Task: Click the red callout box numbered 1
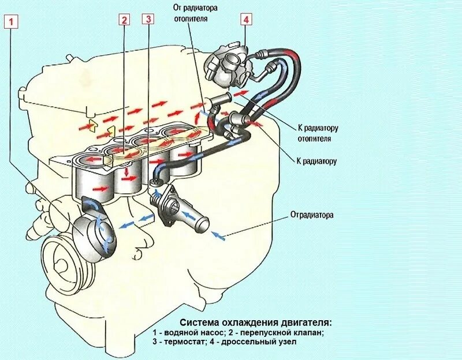click(x=12, y=22)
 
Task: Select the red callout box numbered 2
click(x=124, y=20)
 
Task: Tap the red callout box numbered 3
click(x=148, y=20)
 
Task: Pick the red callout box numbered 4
click(x=246, y=19)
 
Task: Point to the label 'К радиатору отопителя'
click(x=317, y=133)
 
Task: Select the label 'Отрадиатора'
click(x=312, y=215)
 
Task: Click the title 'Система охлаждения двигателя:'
click(x=256, y=322)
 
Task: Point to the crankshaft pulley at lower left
click(x=65, y=263)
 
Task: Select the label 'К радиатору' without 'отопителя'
click(x=316, y=162)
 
